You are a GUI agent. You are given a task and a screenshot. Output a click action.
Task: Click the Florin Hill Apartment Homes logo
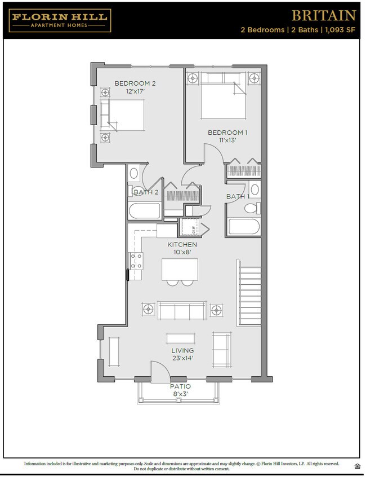coord(60,20)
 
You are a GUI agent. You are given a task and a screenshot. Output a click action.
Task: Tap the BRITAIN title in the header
coord(323,15)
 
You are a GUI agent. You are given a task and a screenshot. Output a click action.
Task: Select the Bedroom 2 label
coord(135,83)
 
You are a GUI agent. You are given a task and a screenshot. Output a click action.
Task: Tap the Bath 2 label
coord(145,192)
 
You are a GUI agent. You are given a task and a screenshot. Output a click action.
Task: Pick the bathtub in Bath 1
coord(244,227)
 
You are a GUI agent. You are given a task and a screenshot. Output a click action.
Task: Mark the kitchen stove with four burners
coord(136,260)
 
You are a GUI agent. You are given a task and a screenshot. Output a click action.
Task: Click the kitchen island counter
coord(180,269)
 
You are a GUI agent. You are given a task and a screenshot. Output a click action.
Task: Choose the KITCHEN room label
coord(182,245)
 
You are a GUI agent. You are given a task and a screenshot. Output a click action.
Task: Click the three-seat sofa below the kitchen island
coord(181,310)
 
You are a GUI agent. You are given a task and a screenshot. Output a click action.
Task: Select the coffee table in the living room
coord(181,338)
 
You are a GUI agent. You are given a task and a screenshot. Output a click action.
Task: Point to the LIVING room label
coord(182,351)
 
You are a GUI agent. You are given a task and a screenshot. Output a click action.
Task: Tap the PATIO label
coord(180,386)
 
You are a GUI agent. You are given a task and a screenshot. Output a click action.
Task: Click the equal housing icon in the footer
coord(357,465)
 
